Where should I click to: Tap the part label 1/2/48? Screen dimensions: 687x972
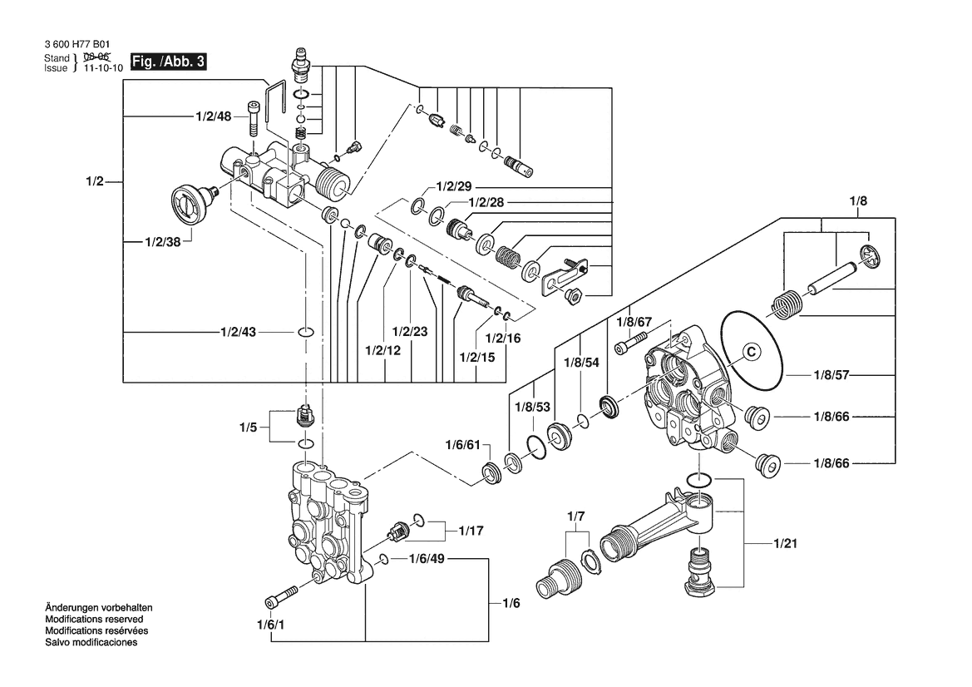click(x=214, y=117)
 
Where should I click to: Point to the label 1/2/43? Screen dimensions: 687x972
click(x=239, y=332)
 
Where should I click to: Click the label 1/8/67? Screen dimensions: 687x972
click(x=634, y=321)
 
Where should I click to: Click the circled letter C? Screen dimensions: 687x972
click(x=748, y=351)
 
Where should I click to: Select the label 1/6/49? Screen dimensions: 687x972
click(x=427, y=559)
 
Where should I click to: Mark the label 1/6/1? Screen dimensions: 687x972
click(x=271, y=625)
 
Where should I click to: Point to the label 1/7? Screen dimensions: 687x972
click(x=576, y=517)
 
